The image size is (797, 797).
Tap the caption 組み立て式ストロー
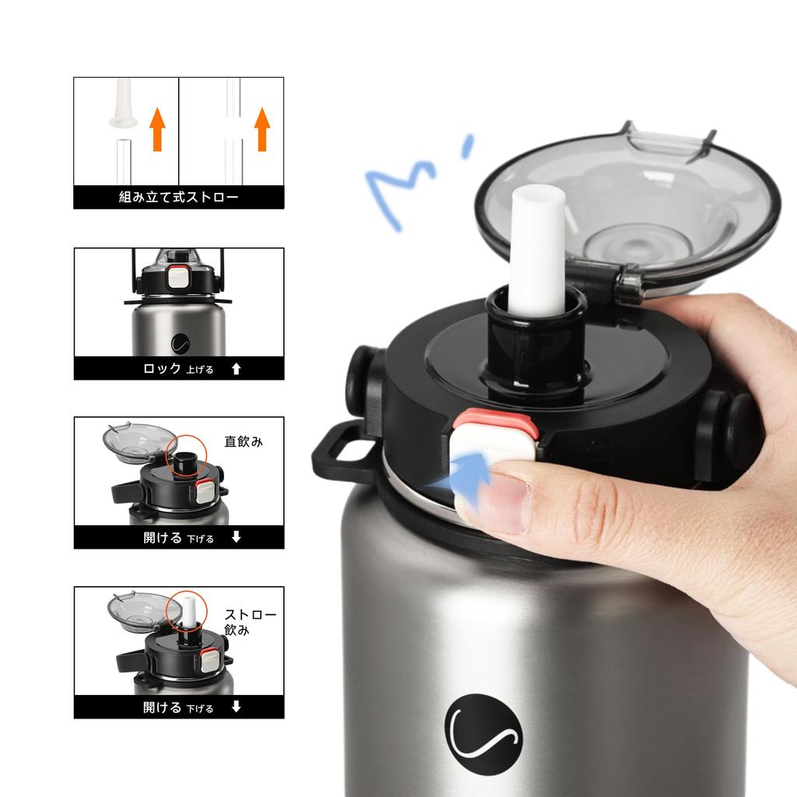click(178, 197)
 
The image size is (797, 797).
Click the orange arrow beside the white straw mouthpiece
click(158, 129)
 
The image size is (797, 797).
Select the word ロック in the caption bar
click(162, 368)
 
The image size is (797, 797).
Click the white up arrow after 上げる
click(237, 369)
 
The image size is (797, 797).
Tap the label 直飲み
click(244, 442)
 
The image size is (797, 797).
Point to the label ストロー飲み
click(250, 623)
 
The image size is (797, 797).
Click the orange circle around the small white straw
click(187, 610)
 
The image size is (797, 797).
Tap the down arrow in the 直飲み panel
click(237, 537)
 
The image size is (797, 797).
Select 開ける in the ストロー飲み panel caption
click(162, 707)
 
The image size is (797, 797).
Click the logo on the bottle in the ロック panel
click(181, 343)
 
